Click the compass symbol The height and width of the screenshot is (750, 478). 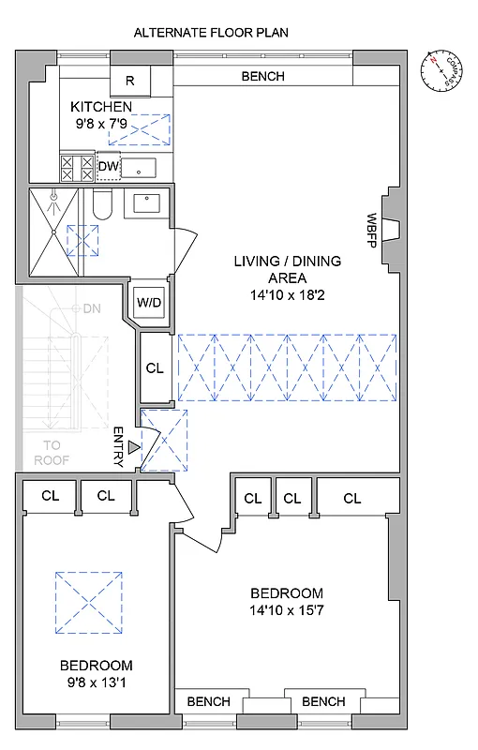coord(442,70)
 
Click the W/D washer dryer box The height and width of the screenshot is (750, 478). coord(150,302)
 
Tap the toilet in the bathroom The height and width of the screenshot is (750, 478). coord(102,204)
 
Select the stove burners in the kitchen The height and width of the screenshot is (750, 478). coord(77,168)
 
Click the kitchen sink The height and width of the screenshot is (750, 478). coord(142,169)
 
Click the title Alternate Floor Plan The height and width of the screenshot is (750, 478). coord(211,32)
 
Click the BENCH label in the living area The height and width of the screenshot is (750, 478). coord(262,77)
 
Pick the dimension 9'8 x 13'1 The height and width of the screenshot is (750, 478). coord(97,682)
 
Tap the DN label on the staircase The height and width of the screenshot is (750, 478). coord(92,307)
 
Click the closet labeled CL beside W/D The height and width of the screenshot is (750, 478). coord(155,368)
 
